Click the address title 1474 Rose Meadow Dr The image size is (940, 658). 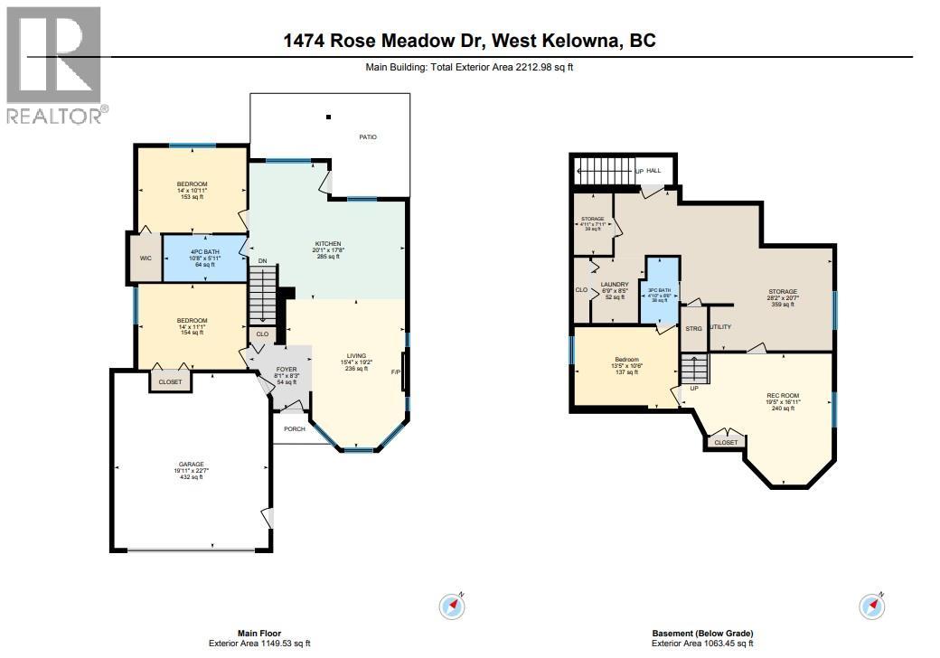470,42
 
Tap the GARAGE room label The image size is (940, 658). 190,464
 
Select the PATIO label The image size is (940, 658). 367,137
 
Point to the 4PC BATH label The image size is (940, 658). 204,252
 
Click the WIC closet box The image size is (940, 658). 146,258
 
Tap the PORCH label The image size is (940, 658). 295,428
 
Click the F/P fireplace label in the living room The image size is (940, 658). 395,371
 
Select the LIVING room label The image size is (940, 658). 356,355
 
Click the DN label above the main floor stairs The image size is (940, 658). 263,262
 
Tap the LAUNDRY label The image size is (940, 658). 614,284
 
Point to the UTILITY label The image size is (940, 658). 720,327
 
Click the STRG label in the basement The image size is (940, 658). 693,329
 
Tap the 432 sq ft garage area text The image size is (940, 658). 190,477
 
